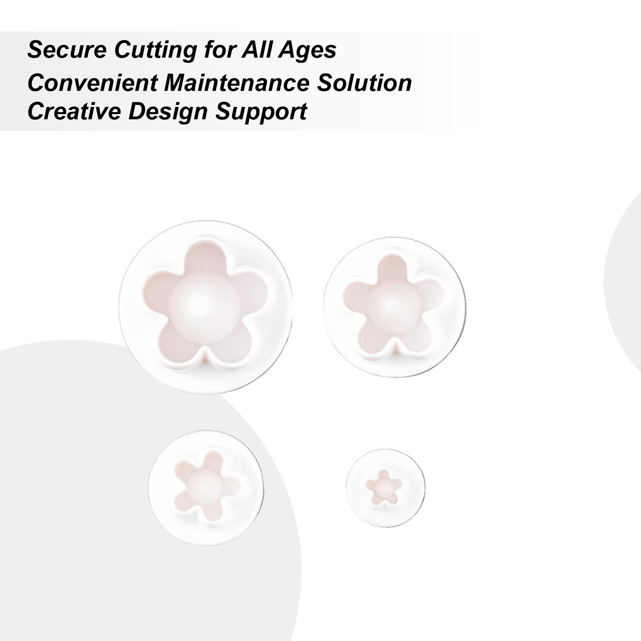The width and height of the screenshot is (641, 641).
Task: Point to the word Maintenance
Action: click(x=235, y=83)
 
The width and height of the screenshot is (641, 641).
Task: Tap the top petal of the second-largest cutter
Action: click(x=391, y=268)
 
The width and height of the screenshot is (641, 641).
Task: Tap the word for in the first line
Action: click(x=219, y=50)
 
